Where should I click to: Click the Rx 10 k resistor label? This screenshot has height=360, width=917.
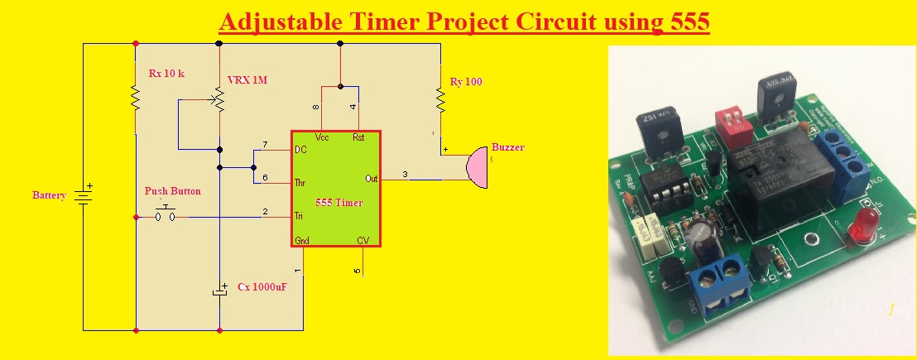(167, 74)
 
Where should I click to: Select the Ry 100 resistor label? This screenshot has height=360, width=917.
(466, 82)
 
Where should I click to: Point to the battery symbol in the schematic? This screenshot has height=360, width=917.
(83, 196)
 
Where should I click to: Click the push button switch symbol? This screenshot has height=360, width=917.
(166, 216)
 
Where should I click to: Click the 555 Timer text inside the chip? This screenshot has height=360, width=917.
(339, 203)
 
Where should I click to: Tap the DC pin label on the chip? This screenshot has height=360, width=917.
(301, 150)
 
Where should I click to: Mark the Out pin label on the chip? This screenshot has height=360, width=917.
(371, 178)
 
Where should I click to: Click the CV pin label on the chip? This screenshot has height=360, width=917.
(362, 240)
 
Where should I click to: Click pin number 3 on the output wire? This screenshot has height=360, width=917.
(405, 174)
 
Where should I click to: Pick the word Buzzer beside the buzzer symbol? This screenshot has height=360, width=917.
(507, 147)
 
